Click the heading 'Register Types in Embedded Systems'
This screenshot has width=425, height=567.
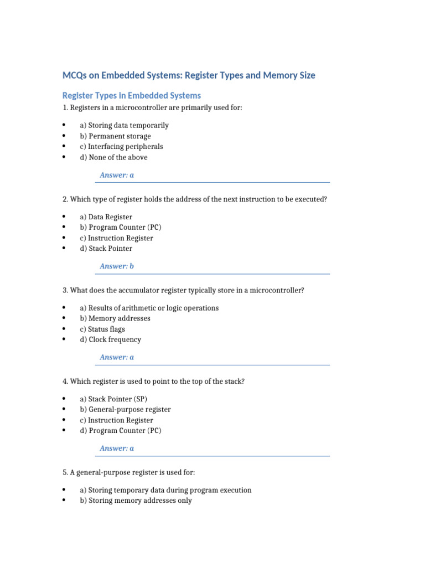click(131, 95)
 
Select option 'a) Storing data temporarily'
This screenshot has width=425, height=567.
click(124, 125)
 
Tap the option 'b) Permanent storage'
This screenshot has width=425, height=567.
click(115, 136)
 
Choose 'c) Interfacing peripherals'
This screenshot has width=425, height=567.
click(121, 147)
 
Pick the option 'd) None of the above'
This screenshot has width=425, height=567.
click(113, 157)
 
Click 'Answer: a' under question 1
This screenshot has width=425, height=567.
click(117, 175)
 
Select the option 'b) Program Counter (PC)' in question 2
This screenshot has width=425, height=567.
click(121, 228)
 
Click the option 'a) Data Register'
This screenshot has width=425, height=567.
click(106, 217)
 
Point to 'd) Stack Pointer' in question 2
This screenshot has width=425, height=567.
click(106, 249)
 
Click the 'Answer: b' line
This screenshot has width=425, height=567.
click(117, 266)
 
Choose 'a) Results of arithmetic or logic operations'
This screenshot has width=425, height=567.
click(149, 308)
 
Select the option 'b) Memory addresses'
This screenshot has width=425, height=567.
click(115, 318)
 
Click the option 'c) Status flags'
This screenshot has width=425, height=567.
click(102, 329)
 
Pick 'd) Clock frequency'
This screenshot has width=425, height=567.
click(110, 339)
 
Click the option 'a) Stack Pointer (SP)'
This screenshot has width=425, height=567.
click(113, 399)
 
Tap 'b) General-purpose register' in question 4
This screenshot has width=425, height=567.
click(125, 410)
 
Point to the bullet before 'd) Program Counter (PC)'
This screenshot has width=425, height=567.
click(65, 430)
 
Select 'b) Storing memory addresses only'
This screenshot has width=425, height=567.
click(136, 501)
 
